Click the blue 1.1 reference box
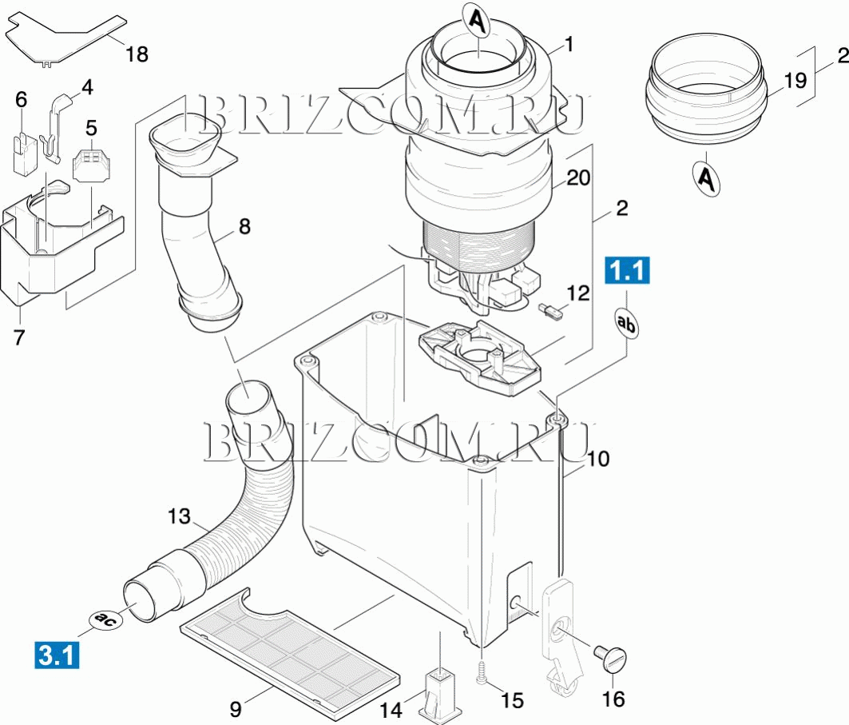pyautogui.click(x=627, y=270)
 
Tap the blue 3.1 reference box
pyautogui.click(x=57, y=655)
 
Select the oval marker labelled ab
pyautogui.click(x=626, y=324)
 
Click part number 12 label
pyautogui.click(x=577, y=293)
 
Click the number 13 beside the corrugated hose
pyautogui.click(x=179, y=516)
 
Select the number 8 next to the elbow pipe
pyautogui.click(x=244, y=226)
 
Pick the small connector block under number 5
pyautogui.click(x=89, y=165)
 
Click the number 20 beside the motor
pyautogui.click(x=578, y=177)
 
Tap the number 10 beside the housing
pyautogui.click(x=598, y=459)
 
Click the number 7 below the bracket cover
pyautogui.click(x=19, y=337)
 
